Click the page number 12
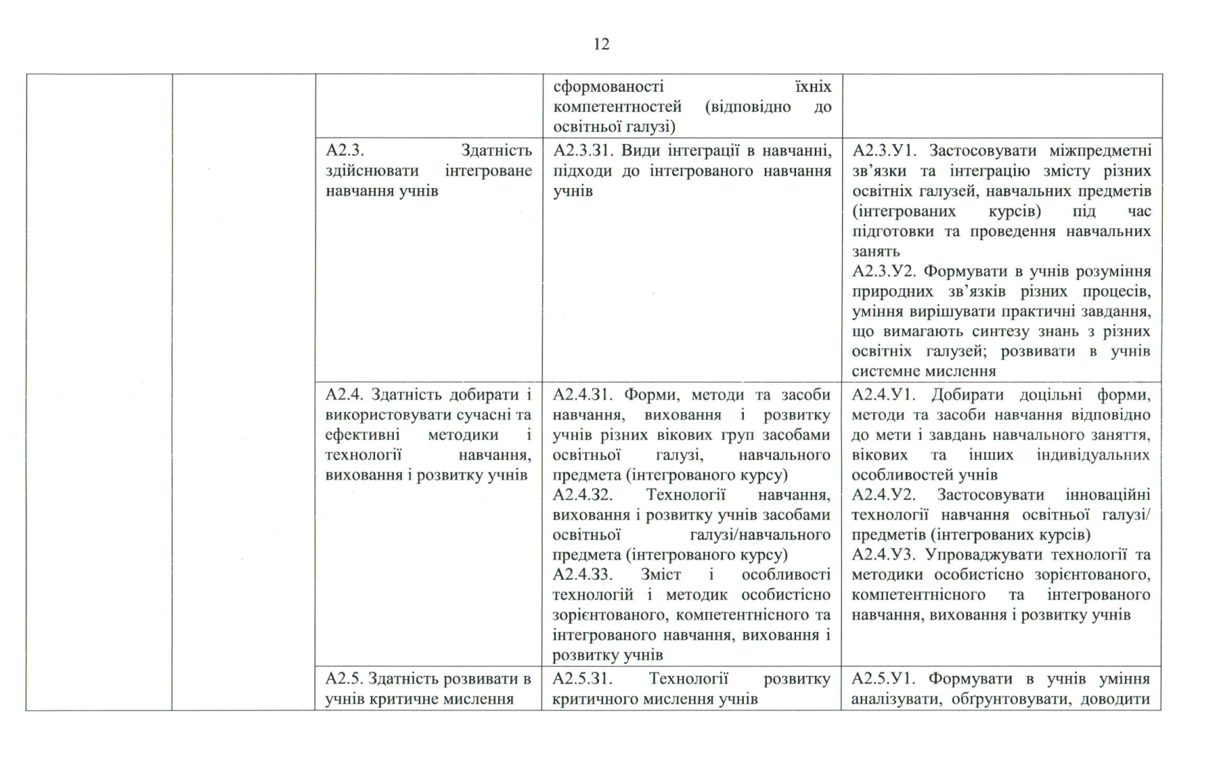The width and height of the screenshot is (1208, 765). pyautogui.click(x=602, y=45)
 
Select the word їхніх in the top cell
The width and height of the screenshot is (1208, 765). pyautogui.click(x=813, y=87)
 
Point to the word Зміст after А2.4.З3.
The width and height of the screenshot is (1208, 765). pyautogui.click(x=660, y=575)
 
